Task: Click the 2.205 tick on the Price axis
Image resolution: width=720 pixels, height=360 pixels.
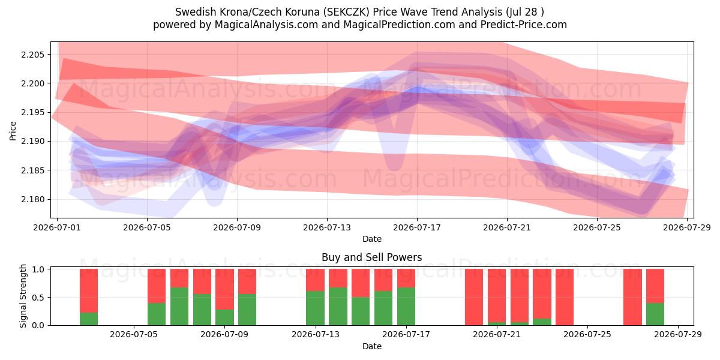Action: pyautogui.click(x=33, y=55)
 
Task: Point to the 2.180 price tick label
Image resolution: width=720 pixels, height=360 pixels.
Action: pyautogui.click(x=33, y=199)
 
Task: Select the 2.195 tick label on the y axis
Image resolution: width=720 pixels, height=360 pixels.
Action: pyautogui.click(x=33, y=113)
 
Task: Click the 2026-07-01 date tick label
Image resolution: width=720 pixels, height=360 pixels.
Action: pyautogui.click(x=57, y=227)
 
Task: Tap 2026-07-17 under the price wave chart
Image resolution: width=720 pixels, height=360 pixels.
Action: pyautogui.click(x=417, y=227)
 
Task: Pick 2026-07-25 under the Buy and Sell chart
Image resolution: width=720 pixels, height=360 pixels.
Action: pyautogui.click(x=588, y=334)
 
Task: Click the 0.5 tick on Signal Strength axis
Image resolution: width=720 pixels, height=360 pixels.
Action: pyautogui.click(x=38, y=298)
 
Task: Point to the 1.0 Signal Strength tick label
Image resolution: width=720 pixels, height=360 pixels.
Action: pyautogui.click(x=38, y=269)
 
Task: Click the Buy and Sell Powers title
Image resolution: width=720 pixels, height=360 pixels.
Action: pyautogui.click(x=372, y=257)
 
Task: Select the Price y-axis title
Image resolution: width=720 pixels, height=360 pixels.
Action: pyautogui.click(x=13, y=131)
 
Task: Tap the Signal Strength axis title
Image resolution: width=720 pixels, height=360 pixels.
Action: pyautogui.click(x=23, y=296)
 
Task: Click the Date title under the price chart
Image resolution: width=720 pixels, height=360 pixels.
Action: pyautogui.click(x=372, y=239)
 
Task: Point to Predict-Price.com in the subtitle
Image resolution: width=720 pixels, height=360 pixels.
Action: pyautogui.click(x=524, y=25)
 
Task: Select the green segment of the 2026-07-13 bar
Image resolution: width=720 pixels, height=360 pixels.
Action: pyautogui.click(x=316, y=308)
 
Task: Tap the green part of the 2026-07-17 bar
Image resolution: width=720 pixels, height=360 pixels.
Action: pyautogui.click(x=406, y=307)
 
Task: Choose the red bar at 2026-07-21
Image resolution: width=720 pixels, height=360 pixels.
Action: pyautogui.click(x=497, y=296)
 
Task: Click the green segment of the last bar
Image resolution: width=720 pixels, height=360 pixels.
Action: pyautogui.click(x=655, y=314)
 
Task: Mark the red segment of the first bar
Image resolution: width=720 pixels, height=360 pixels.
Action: pyautogui.click(x=89, y=291)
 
